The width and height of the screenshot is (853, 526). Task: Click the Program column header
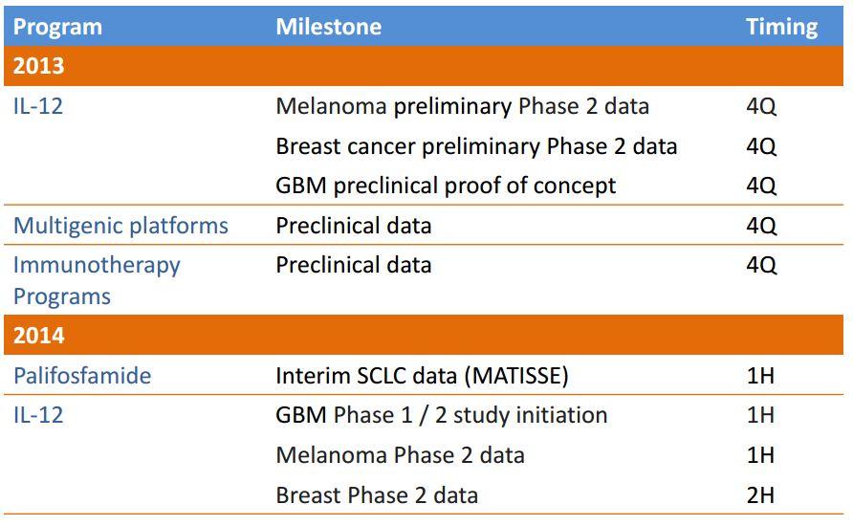(57, 27)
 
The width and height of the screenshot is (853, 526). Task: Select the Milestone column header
(328, 27)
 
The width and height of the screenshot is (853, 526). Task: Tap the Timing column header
(781, 27)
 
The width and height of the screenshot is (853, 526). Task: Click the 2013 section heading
(39, 66)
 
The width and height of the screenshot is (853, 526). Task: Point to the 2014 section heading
(39, 336)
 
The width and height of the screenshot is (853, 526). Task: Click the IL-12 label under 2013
(38, 106)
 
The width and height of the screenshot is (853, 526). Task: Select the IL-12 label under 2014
(38, 415)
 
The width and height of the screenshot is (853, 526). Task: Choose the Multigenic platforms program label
(120, 226)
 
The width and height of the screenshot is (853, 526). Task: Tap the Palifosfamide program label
(82, 376)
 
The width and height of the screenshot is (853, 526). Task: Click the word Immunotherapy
(97, 265)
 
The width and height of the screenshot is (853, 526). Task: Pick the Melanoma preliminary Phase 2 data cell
(462, 106)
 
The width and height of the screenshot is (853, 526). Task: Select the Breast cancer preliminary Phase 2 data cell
(476, 146)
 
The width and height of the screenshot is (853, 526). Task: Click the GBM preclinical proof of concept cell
(446, 186)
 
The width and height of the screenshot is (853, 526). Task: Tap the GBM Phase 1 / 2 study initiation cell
(442, 415)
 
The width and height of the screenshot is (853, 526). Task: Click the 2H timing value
(760, 494)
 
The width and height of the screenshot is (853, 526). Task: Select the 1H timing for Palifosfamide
(760, 376)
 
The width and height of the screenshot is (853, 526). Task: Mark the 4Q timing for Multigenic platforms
(761, 226)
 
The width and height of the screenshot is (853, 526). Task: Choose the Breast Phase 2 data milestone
(377, 494)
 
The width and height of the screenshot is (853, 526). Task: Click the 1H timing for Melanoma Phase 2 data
(760, 455)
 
